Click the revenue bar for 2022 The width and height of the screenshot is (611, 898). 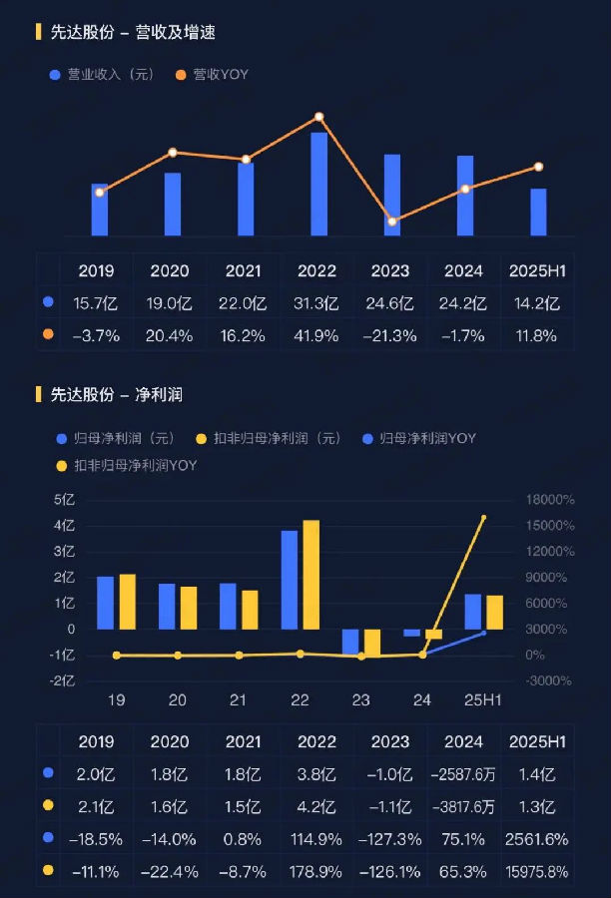tap(318, 185)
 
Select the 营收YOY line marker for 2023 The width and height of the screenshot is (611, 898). tap(392, 222)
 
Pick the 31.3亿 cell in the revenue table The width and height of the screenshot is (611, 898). tap(318, 303)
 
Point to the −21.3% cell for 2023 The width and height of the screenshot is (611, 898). tap(391, 336)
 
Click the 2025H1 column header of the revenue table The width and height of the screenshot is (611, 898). tap(537, 270)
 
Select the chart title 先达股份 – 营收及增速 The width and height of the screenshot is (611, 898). tap(133, 33)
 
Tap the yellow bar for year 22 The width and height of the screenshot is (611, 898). tap(310, 575)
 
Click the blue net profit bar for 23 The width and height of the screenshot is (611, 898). tap(350, 642)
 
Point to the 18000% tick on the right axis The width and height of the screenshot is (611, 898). tap(550, 500)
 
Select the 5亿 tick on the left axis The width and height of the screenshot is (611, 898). tap(64, 500)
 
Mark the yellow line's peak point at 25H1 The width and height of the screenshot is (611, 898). tap(484, 518)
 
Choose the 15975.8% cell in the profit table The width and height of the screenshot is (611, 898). tap(537, 872)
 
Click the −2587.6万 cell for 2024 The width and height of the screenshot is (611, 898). tap(464, 773)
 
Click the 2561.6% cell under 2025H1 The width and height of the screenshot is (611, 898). tap(537, 839)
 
